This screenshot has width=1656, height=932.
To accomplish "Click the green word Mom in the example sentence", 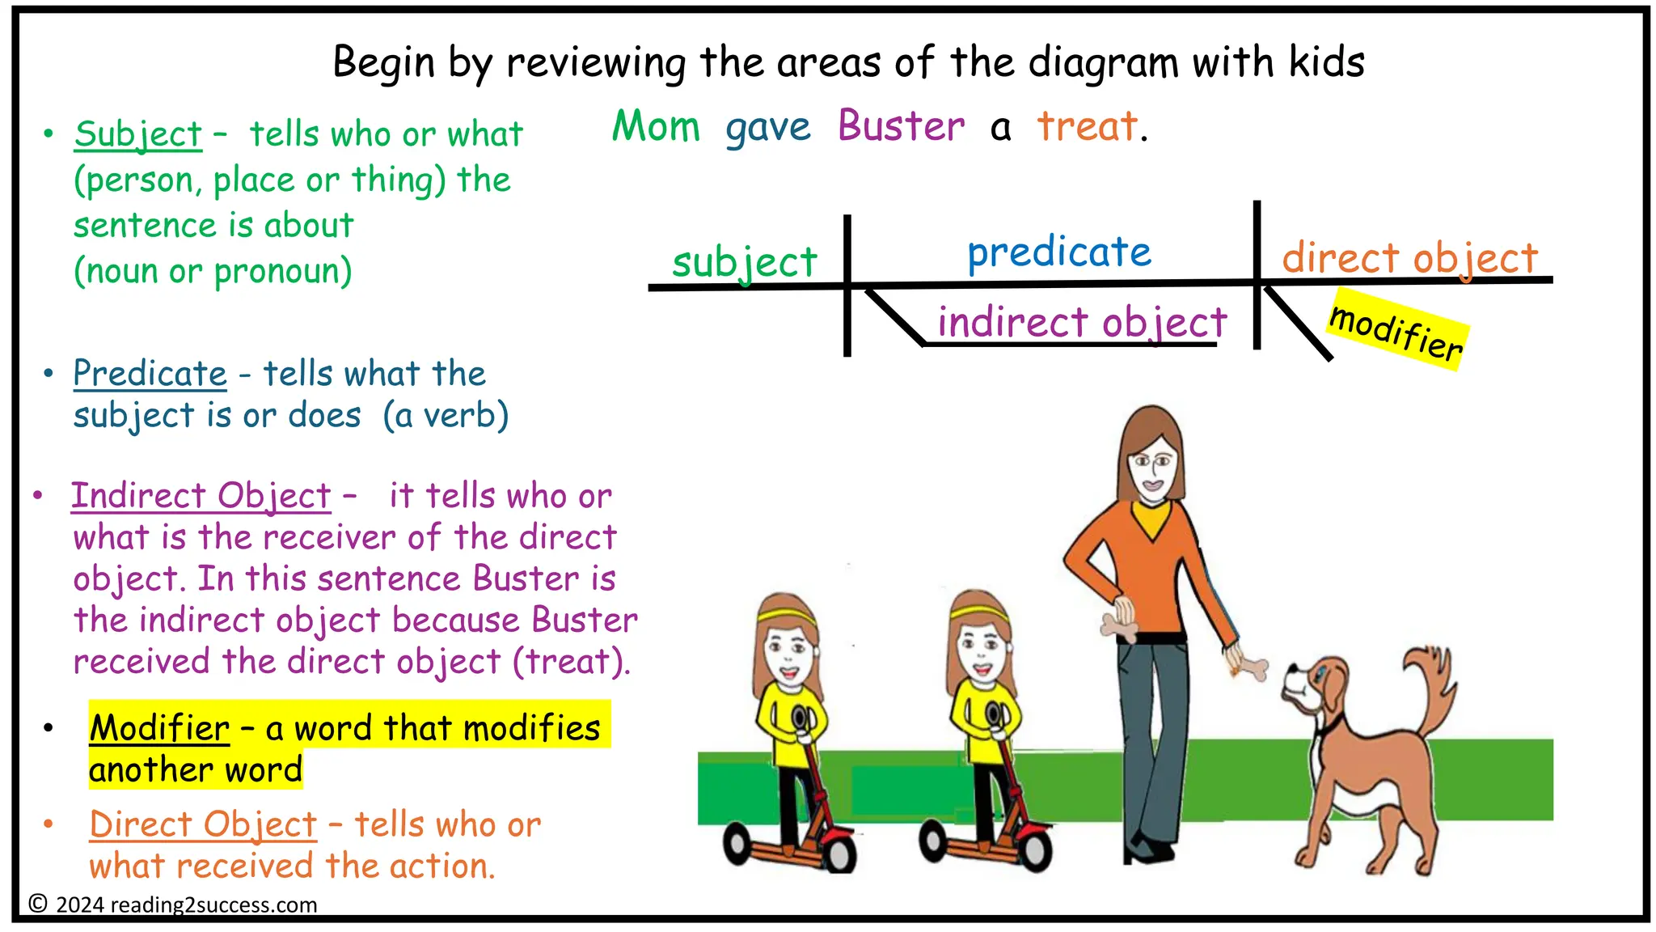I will (656, 127).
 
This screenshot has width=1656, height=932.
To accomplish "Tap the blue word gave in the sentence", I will (767, 128).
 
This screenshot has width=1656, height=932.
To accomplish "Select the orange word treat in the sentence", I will (1088, 127).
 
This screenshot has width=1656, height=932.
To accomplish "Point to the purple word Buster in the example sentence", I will (901, 127).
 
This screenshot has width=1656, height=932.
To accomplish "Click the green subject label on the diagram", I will (745, 262).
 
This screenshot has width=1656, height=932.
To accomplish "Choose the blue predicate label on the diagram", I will (1059, 252).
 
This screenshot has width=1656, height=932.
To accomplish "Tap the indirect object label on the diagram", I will (1082, 323).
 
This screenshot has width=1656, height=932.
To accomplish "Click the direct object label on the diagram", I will (1409, 259).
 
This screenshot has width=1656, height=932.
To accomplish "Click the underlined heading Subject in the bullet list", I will (137, 134).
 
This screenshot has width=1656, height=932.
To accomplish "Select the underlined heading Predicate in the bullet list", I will (150, 374).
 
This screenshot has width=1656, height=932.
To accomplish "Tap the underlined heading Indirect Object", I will (201, 496).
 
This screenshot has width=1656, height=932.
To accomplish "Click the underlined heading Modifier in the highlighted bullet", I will (159, 728).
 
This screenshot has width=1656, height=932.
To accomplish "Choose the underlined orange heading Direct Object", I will (203, 825).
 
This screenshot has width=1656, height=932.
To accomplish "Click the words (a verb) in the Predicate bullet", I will (446, 416).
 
